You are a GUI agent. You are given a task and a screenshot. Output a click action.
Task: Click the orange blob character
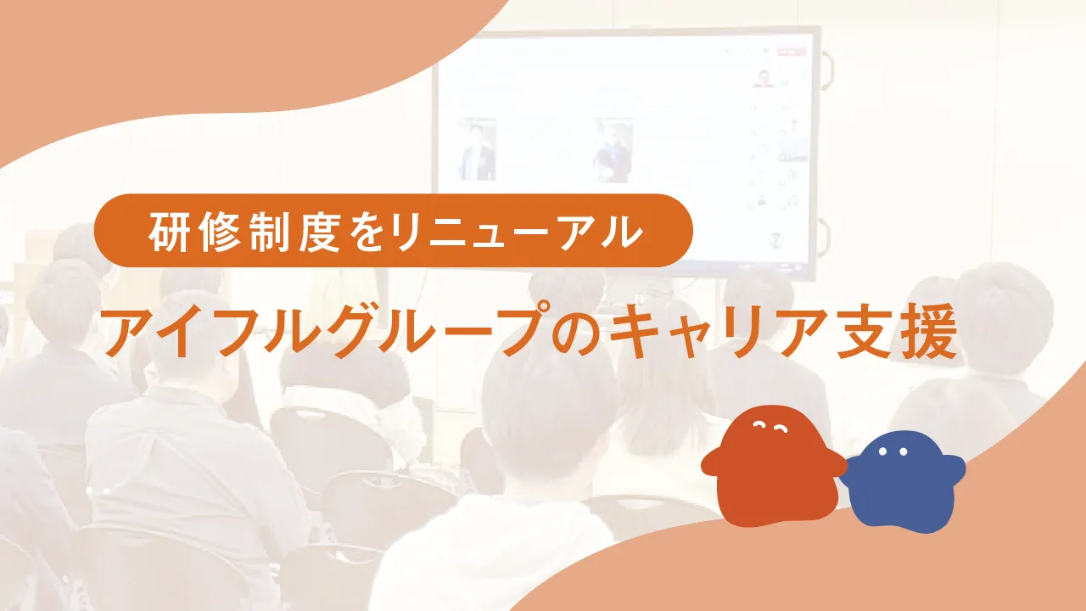point(773,467)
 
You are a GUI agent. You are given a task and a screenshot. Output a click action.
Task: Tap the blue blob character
point(903,483)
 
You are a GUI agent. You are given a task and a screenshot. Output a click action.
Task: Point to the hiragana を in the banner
point(371,232)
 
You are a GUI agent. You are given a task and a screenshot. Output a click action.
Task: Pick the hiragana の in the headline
point(579,334)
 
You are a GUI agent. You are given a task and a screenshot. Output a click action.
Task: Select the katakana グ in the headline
point(340,331)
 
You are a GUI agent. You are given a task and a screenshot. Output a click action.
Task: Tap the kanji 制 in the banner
point(269,232)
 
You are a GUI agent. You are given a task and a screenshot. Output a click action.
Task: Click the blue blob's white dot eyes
point(893,451)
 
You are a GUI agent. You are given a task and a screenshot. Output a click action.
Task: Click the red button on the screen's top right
point(791,52)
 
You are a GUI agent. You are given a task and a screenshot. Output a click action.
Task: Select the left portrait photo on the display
point(478,149)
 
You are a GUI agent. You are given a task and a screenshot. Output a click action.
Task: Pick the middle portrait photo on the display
point(613,150)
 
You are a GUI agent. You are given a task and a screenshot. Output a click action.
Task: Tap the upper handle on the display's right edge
point(826,72)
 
